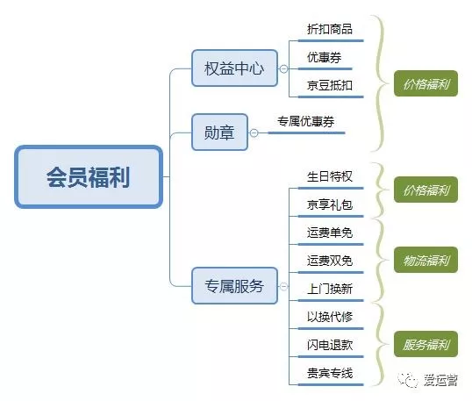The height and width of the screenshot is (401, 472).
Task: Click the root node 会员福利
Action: click(89, 176)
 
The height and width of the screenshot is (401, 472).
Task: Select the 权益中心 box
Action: click(234, 68)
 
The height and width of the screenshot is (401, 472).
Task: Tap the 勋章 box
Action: click(219, 132)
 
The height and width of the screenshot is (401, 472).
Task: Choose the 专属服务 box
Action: click(234, 285)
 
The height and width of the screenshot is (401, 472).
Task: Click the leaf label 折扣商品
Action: click(330, 29)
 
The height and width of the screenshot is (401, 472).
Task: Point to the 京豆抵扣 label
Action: click(330, 85)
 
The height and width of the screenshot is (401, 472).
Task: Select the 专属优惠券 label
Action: click(305, 121)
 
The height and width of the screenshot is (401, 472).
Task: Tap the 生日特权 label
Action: click(330, 176)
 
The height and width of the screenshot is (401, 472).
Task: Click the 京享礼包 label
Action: click(330, 204)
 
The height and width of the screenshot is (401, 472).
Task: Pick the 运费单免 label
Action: click(330, 233)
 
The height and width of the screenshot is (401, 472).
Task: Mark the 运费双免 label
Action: click(330, 261)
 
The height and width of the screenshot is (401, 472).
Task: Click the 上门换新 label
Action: click(330, 289)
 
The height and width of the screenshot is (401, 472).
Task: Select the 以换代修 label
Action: click(330, 317)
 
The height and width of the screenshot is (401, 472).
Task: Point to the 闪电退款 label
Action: click(330, 345)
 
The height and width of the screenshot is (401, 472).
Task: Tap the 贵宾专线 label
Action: click(330, 373)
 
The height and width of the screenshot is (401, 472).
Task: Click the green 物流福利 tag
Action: click(426, 260)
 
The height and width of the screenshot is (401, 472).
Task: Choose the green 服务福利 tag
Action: click(426, 344)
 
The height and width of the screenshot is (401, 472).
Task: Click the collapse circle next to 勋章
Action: click(254, 132)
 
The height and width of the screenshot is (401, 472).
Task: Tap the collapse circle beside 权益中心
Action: click(283, 69)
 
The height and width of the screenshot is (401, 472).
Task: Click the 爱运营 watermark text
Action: click(440, 380)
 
